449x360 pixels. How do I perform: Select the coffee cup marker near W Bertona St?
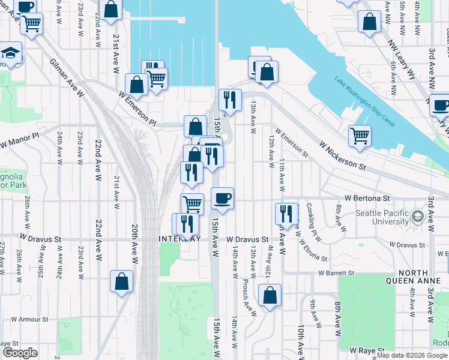click(x=222, y=198)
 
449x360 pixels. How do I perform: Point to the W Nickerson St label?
click(x=343, y=154)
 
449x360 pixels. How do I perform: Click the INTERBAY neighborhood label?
click(x=179, y=238)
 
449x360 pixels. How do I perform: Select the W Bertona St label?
click(x=367, y=197)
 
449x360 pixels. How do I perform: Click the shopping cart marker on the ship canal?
click(x=360, y=135)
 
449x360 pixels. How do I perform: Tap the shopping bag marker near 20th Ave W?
click(x=121, y=281)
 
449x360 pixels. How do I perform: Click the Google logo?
click(x=20, y=352)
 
